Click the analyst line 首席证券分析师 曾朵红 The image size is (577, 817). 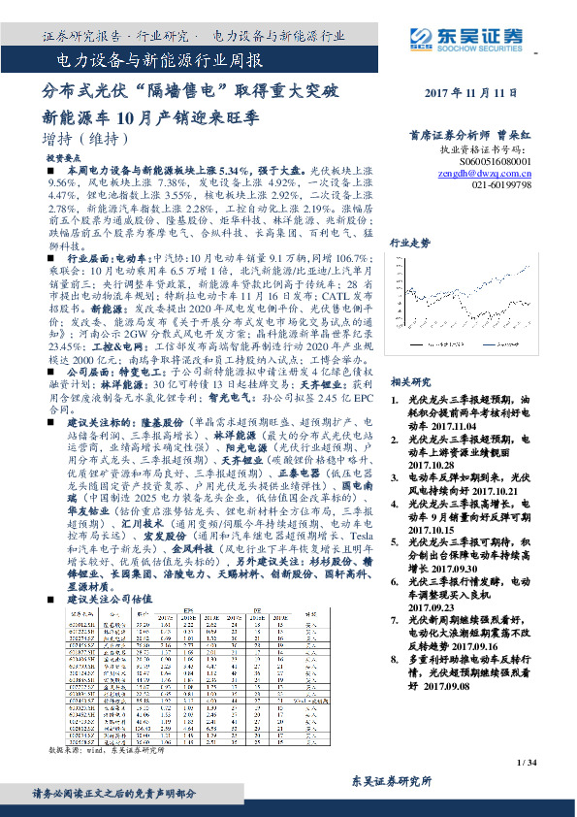(x=469, y=137)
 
